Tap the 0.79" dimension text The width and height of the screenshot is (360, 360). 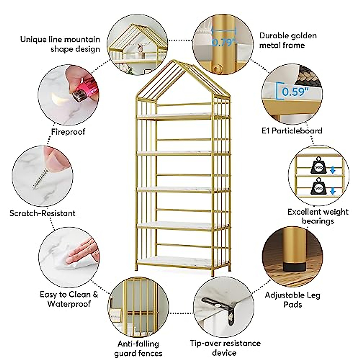click(x=222, y=42)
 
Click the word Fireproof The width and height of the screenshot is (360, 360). click(x=68, y=132)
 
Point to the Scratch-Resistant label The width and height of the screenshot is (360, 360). click(x=42, y=213)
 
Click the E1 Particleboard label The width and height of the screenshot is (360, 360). click(x=292, y=131)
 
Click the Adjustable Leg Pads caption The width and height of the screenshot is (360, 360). click(x=292, y=300)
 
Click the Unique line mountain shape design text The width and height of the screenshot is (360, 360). click(x=60, y=44)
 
